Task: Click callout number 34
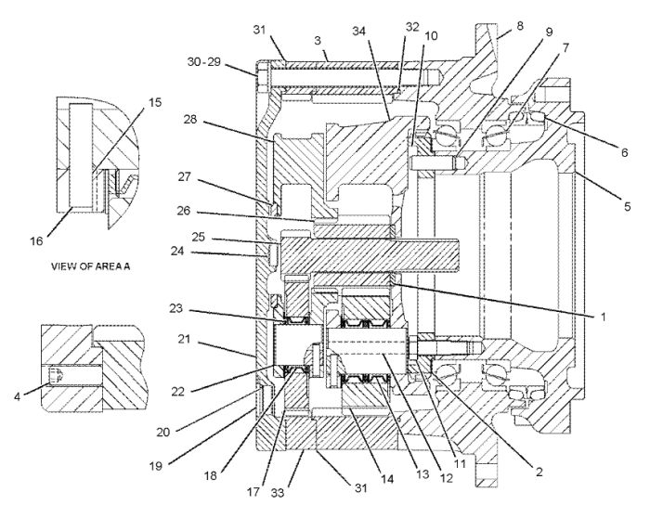coord(360,31)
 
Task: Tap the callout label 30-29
coord(204,62)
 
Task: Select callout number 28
coord(190,120)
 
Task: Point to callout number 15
coord(155,102)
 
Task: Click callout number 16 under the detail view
coord(36,240)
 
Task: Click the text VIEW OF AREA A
coord(90,266)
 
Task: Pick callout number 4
coord(17,396)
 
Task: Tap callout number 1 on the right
coord(604,317)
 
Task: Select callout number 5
coord(627,206)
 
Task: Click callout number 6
coord(624,152)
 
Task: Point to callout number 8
coord(520,26)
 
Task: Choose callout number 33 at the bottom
coord(278,493)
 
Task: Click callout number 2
coord(539,472)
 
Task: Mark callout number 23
coord(176,308)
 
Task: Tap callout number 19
coord(156,466)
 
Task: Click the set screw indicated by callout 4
coord(56,376)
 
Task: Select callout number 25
coord(199,237)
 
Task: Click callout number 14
coord(387,479)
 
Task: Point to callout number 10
coord(431,36)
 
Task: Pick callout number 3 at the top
coord(318,41)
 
